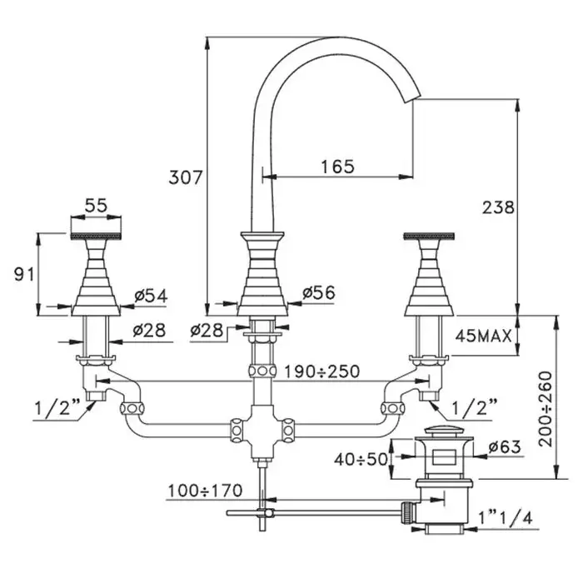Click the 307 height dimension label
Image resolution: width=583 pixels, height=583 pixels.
tap(186, 177)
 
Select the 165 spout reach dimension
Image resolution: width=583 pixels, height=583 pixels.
tap(337, 166)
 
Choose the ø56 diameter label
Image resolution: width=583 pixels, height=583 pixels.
tap(320, 293)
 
